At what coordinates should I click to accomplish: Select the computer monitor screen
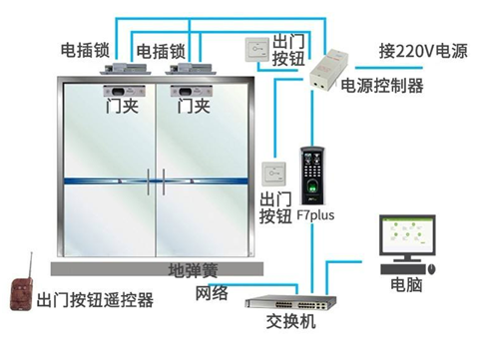[x=409, y=239]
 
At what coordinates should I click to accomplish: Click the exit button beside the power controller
[x=255, y=49]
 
